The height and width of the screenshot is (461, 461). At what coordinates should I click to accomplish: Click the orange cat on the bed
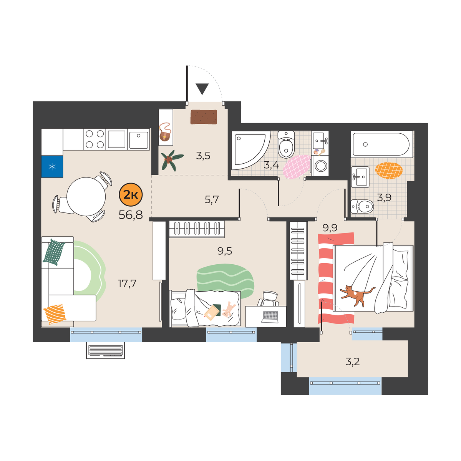[357, 295]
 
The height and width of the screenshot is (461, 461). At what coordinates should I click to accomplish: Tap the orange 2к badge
[131, 195]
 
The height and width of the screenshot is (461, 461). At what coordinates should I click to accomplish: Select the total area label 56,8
[131, 215]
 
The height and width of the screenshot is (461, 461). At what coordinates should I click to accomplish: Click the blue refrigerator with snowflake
[52, 166]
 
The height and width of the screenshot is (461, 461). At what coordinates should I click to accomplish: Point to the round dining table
[86, 196]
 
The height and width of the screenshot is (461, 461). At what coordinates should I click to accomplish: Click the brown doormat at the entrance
[204, 117]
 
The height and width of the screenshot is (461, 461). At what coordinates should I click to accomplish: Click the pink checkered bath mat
[297, 166]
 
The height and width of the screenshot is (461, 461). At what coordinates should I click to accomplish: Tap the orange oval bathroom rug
[389, 171]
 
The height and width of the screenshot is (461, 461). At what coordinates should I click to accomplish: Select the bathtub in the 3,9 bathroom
[382, 144]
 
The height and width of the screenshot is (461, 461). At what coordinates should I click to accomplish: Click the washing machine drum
[321, 166]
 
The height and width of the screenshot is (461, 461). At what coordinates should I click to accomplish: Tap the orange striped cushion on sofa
[55, 314]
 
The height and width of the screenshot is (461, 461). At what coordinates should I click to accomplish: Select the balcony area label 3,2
[353, 362]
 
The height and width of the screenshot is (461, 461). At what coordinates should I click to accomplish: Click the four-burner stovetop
[95, 139]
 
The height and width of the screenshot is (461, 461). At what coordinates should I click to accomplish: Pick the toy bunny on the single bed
[228, 310]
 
